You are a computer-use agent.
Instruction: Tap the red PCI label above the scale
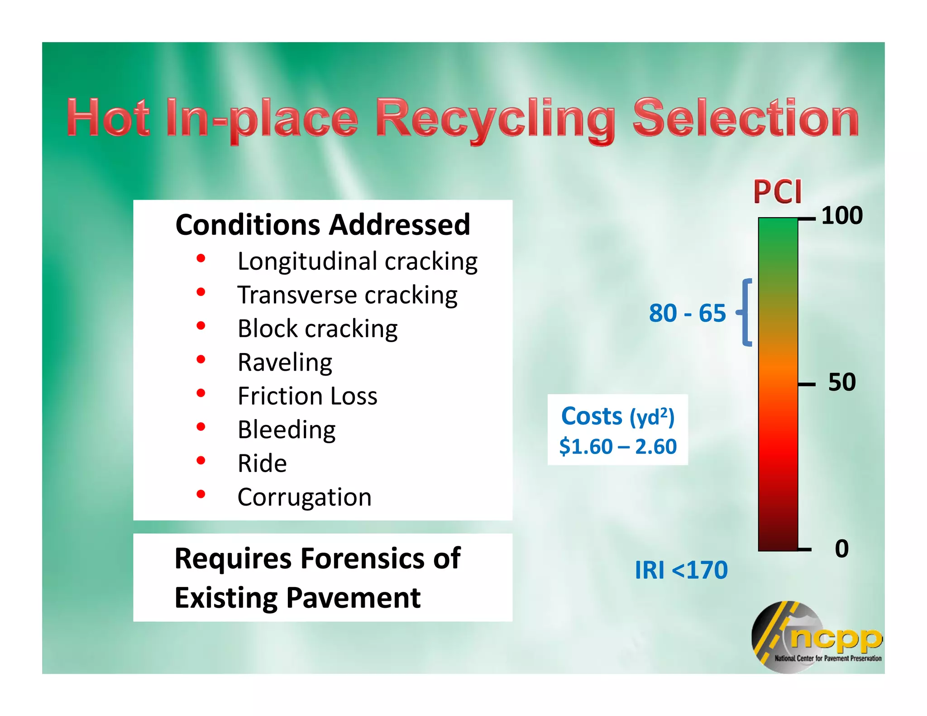[x=777, y=192]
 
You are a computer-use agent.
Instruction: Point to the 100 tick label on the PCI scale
[x=841, y=215]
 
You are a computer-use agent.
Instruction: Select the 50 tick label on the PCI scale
[x=841, y=382]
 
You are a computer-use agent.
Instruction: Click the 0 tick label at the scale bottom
[x=841, y=549]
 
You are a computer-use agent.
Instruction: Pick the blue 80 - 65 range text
[x=687, y=313]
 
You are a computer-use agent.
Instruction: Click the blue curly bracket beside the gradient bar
[x=745, y=312]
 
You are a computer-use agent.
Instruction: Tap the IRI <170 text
[x=681, y=570]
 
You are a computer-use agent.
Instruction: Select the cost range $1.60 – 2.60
[x=618, y=447]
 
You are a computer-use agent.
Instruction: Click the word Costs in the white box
[x=592, y=416]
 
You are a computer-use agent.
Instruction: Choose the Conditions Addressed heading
[x=323, y=224]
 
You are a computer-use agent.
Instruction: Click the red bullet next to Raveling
[x=201, y=359]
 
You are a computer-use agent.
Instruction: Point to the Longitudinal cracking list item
[x=358, y=261]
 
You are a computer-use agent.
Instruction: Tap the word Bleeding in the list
[x=287, y=430]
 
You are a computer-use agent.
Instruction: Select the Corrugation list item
[x=304, y=497]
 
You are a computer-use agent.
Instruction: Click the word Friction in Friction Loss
[x=280, y=396]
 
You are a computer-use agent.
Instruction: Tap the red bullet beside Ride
[x=201, y=461]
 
